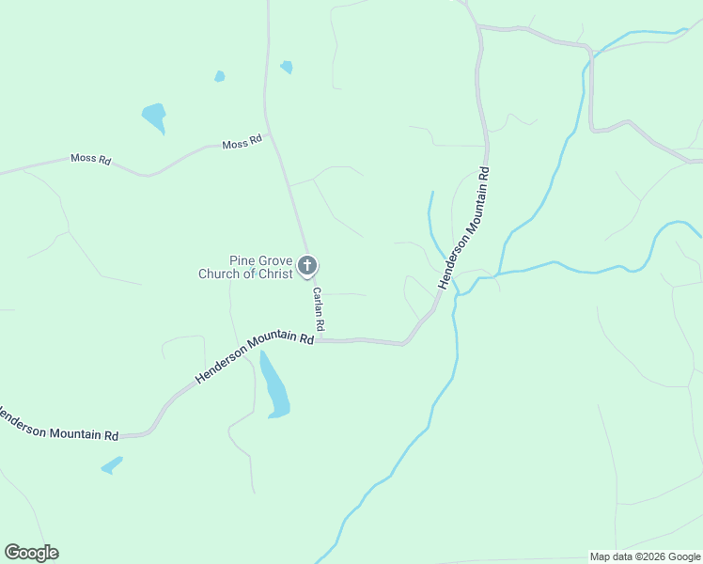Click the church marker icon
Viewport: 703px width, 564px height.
306,267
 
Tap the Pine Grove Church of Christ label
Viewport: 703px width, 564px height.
247,268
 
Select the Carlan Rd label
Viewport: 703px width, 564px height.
319,308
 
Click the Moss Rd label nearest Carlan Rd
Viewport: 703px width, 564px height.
242,144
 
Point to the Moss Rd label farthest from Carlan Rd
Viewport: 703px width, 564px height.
90,160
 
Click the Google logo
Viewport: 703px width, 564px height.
32,553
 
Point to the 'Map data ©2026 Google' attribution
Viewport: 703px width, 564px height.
645,556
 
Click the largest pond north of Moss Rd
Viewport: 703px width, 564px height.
154,117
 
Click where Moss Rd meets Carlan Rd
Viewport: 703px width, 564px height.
268,134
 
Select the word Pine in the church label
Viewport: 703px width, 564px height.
243,260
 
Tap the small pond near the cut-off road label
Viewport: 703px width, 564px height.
112,464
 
